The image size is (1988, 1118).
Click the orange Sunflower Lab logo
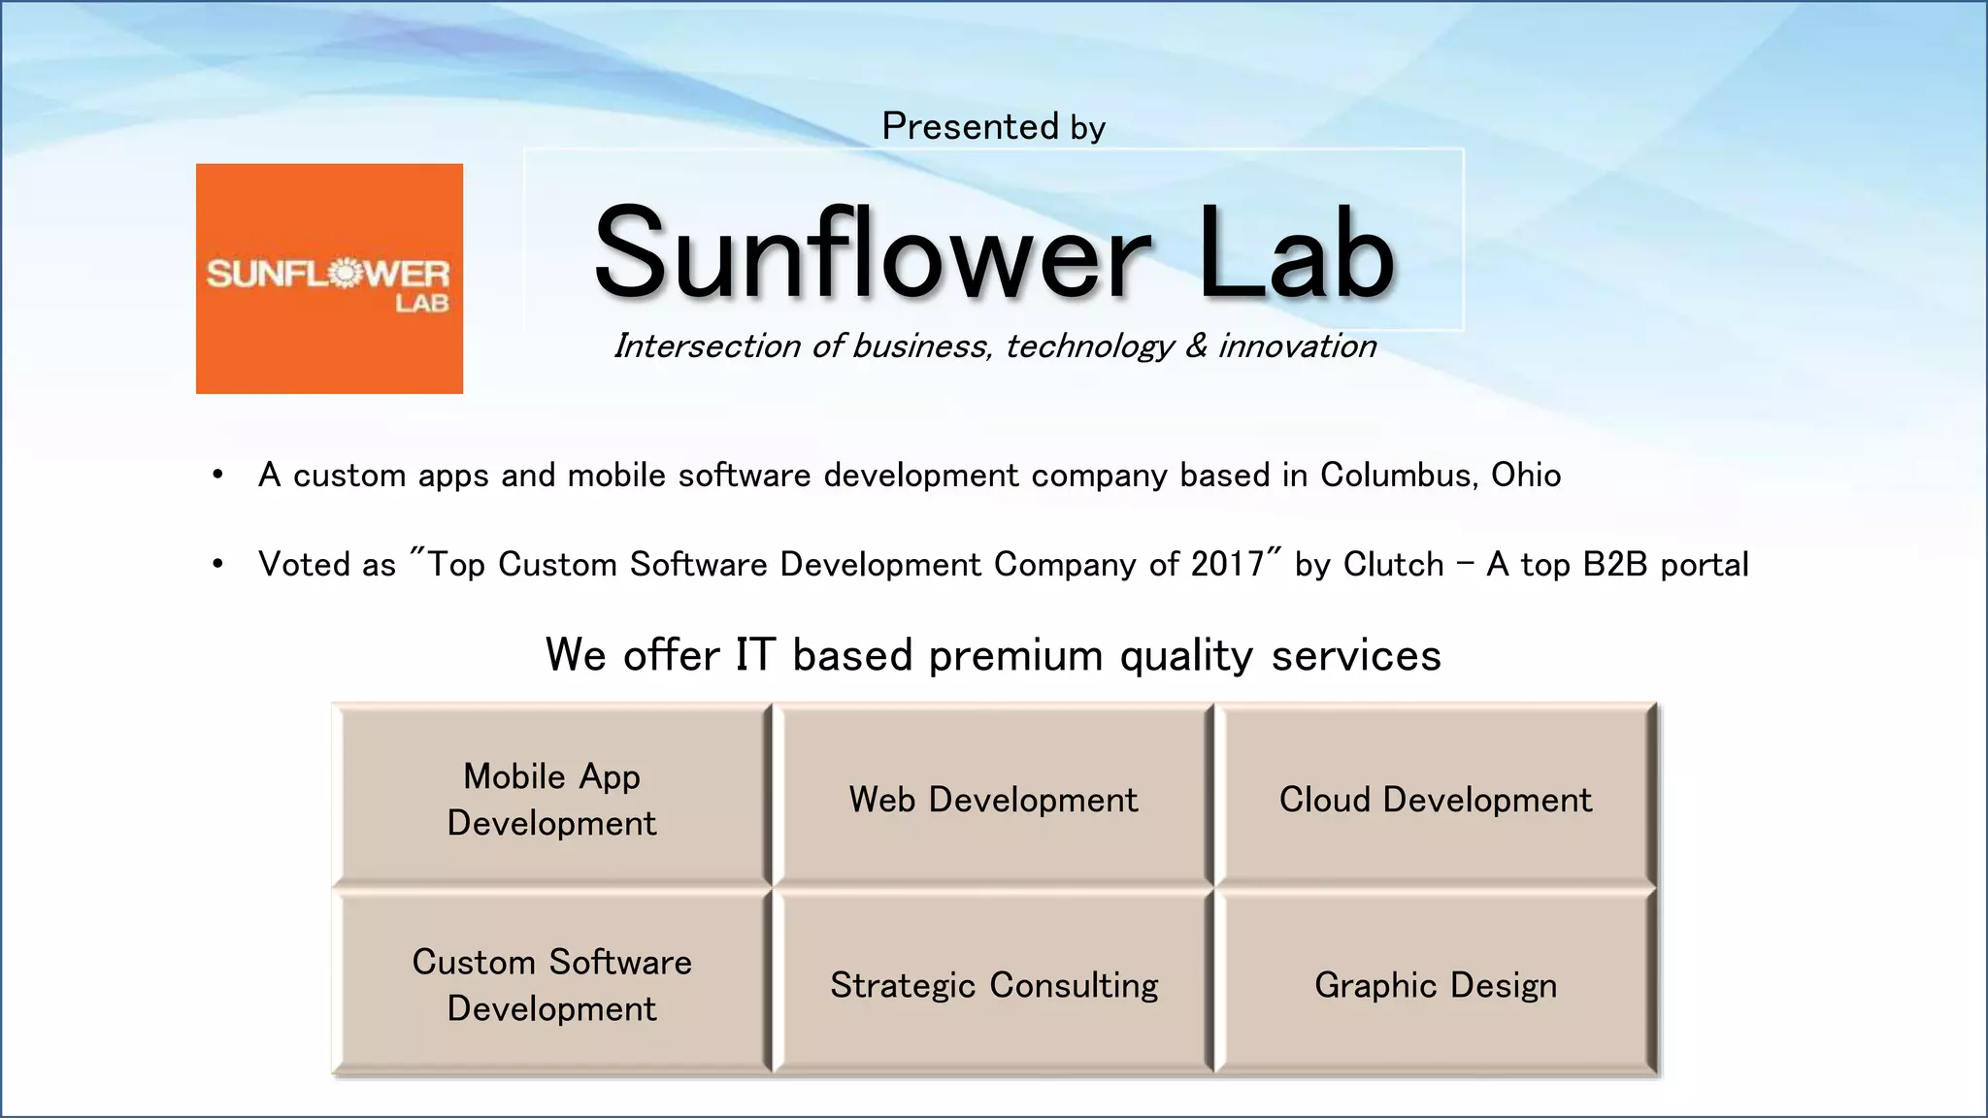329,279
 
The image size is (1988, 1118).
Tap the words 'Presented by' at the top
993,127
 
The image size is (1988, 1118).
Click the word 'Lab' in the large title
1296,254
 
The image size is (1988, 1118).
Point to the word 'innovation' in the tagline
1297,346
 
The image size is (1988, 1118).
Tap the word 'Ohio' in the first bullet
1526,476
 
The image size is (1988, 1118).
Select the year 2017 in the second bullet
1227,565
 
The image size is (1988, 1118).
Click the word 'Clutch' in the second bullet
1393,565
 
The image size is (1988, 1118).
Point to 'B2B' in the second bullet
1615,565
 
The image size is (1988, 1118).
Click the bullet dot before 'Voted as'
218,564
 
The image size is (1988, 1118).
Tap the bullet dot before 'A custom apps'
218,476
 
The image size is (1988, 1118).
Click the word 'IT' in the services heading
754,655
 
